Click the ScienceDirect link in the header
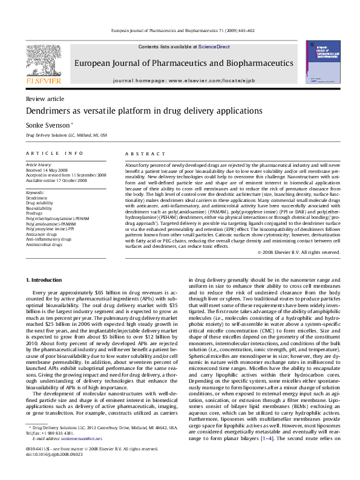coord(214,47)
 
